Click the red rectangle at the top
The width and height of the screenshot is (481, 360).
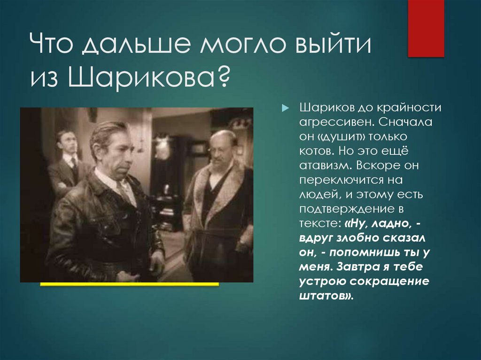pyautogui.click(x=426, y=28)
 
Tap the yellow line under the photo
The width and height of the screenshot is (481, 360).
pyautogui.click(x=130, y=284)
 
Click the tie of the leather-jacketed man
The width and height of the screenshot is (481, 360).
pyautogui.click(x=124, y=191)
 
